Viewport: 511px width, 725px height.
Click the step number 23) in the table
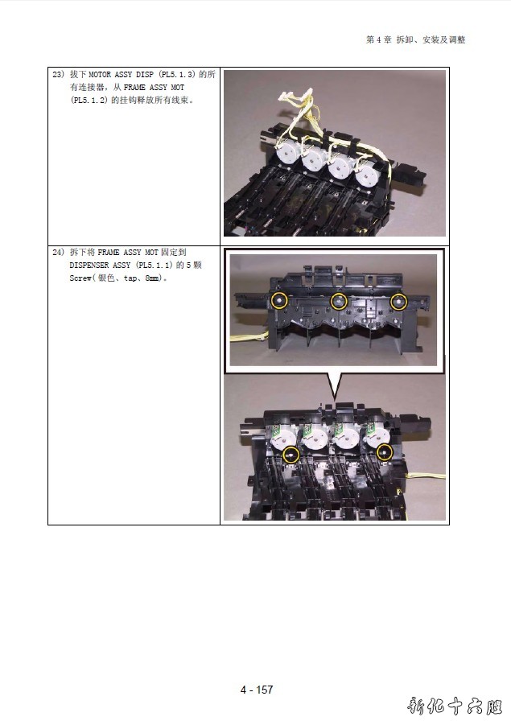(x=58, y=74)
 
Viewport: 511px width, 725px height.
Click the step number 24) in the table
(x=58, y=252)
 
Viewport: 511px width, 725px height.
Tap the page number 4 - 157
(x=257, y=690)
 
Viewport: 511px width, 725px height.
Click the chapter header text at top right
(x=415, y=39)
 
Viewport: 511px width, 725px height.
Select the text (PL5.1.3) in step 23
(x=177, y=74)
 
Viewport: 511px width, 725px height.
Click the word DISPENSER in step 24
(x=89, y=265)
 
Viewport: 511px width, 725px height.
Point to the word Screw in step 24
(x=80, y=278)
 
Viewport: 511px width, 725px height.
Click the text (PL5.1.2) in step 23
(x=89, y=100)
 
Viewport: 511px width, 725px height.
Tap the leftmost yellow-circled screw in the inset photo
(x=279, y=301)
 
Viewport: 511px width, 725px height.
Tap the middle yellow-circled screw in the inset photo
(x=339, y=302)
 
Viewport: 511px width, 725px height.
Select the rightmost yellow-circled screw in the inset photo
(x=399, y=302)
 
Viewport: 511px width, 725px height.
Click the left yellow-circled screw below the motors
(x=291, y=455)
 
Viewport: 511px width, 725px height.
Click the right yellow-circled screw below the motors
(x=385, y=452)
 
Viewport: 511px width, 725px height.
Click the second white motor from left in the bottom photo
(x=315, y=437)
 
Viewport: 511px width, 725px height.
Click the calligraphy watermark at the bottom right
(x=455, y=706)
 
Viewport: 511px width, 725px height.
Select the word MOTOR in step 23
(x=100, y=74)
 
